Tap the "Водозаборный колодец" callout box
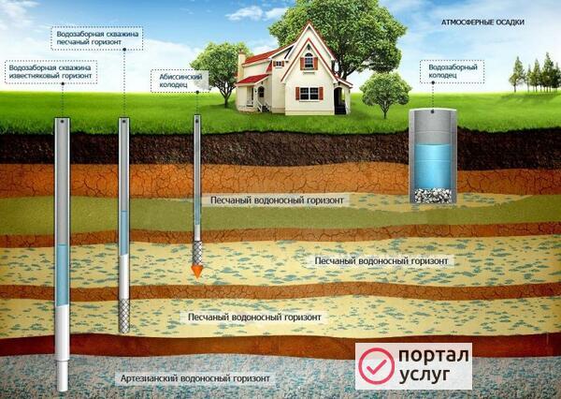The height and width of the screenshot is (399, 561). click(x=453, y=72)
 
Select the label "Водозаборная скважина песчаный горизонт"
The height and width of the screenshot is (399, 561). click(x=96, y=38)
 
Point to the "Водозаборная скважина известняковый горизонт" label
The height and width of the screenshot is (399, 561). click(x=50, y=72)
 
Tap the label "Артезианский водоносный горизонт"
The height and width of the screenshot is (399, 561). click(x=195, y=378)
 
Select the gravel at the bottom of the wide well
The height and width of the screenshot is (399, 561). click(x=433, y=196)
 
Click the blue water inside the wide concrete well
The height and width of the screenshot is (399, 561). click(x=433, y=166)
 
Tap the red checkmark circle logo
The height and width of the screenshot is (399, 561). click(x=377, y=366)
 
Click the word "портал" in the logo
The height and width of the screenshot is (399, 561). click(x=434, y=355)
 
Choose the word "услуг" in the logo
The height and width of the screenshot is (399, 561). click(x=424, y=375)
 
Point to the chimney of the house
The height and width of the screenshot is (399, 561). click(x=241, y=65)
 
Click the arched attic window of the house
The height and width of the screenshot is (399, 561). click(x=309, y=61)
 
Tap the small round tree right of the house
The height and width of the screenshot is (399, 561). click(x=385, y=94)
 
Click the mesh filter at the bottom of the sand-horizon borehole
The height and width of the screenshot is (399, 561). click(x=123, y=316)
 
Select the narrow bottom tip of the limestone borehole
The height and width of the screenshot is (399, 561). click(x=63, y=376)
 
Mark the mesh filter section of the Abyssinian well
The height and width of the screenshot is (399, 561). click(x=197, y=253)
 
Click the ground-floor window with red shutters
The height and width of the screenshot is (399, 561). click(x=309, y=94)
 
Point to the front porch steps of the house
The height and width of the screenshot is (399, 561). click(x=265, y=107)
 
